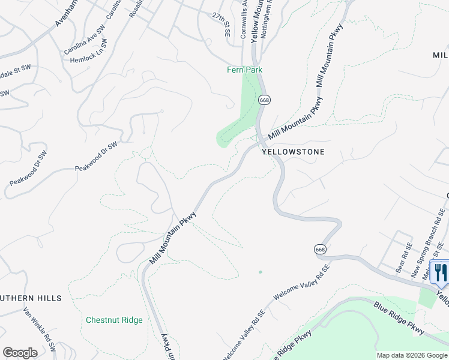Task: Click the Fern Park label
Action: [x=244, y=70]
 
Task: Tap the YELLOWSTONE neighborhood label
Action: [x=293, y=152]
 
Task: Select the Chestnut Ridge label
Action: [x=114, y=320]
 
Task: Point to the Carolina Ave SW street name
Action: [x=84, y=40]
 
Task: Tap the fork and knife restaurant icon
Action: [x=441, y=272]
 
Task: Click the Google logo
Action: [x=20, y=353]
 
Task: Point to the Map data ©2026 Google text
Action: [x=411, y=355]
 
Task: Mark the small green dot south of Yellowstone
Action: [x=261, y=272]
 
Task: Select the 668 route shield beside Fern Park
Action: [x=264, y=99]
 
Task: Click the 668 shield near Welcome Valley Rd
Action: [x=319, y=248]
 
